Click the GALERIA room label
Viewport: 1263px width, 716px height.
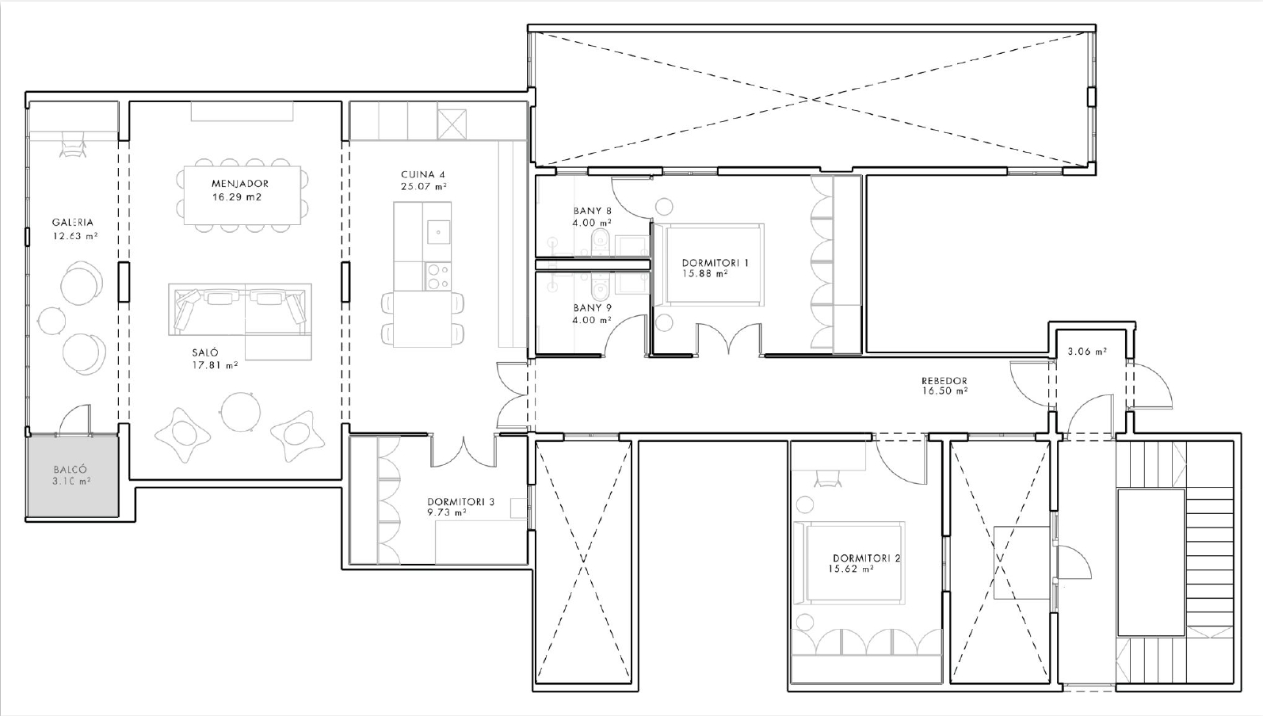coord(73,222)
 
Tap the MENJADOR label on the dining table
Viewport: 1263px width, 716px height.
coord(240,183)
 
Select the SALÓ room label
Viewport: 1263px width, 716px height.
coord(205,352)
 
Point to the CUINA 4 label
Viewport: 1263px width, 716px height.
coord(423,174)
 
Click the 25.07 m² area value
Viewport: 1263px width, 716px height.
coord(424,187)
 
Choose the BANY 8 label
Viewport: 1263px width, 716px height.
coord(593,211)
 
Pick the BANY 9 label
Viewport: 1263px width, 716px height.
coord(593,308)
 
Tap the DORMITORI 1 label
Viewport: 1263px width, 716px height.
coord(715,263)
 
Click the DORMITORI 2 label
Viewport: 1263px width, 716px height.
coord(866,558)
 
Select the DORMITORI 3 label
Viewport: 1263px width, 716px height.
coord(460,502)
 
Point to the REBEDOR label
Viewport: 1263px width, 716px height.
coord(944,380)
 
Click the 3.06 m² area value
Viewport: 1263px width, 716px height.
coord(1087,351)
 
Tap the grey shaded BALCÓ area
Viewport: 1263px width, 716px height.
coord(73,475)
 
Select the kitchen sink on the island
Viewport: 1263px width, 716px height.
coord(439,232)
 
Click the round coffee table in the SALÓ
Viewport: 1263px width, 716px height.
coord(241,412)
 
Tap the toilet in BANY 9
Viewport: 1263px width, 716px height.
coord(600,287)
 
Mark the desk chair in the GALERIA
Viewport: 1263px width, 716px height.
coord(73,144)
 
